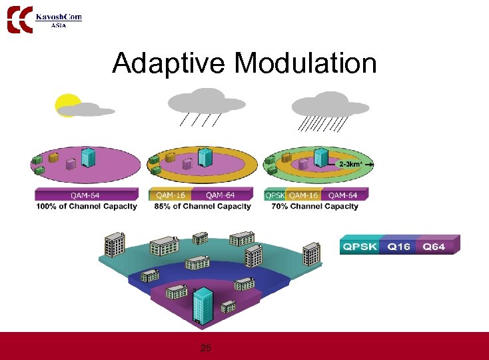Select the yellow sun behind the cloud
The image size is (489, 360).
coord(66,104)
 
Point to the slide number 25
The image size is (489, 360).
coord(206,348)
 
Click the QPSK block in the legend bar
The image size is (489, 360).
coord(360,247)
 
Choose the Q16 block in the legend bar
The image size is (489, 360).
coord(398,247)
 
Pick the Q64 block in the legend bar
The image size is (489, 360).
coord(434,247)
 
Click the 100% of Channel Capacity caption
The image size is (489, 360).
coord(86,207)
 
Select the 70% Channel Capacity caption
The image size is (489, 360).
coord(315,207)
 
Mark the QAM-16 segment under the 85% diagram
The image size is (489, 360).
coord(171,195)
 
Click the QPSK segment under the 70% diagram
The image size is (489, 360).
coord(275,195)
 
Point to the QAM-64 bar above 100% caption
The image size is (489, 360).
coord(87,195)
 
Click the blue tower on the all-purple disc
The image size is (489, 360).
coord(88,157)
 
